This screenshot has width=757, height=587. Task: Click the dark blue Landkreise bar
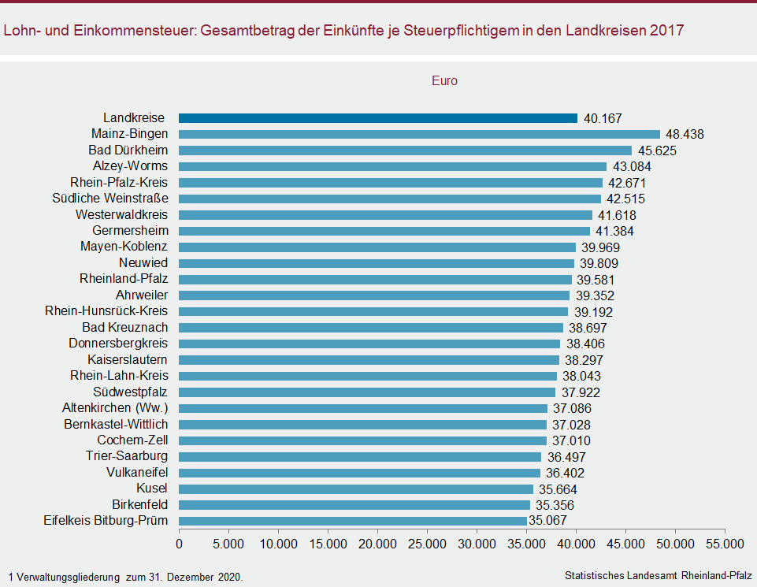click(378, 118)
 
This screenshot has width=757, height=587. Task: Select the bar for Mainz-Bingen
click(419, 134)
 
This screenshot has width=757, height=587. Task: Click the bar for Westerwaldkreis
click(385, 215)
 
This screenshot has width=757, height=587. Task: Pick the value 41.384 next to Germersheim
click(614, 231)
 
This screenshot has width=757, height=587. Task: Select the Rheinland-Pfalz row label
click(124, 279)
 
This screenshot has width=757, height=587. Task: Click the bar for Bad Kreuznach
click(371, 328)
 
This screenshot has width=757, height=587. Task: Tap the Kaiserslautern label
click(128, 360)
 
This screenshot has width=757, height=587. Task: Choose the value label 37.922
click(579, 392)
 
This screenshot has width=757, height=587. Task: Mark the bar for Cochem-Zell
click(363, 440)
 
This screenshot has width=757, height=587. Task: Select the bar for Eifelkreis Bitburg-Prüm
click(353, 521)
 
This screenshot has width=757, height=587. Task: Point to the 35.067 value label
click(547, 521)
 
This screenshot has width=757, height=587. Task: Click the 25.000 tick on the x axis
click(427, 544)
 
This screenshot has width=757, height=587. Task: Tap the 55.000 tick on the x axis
click(725, 544)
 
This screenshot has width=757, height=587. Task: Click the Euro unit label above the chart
click(444, 80)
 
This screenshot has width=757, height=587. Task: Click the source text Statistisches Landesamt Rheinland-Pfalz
click(658, 576)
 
